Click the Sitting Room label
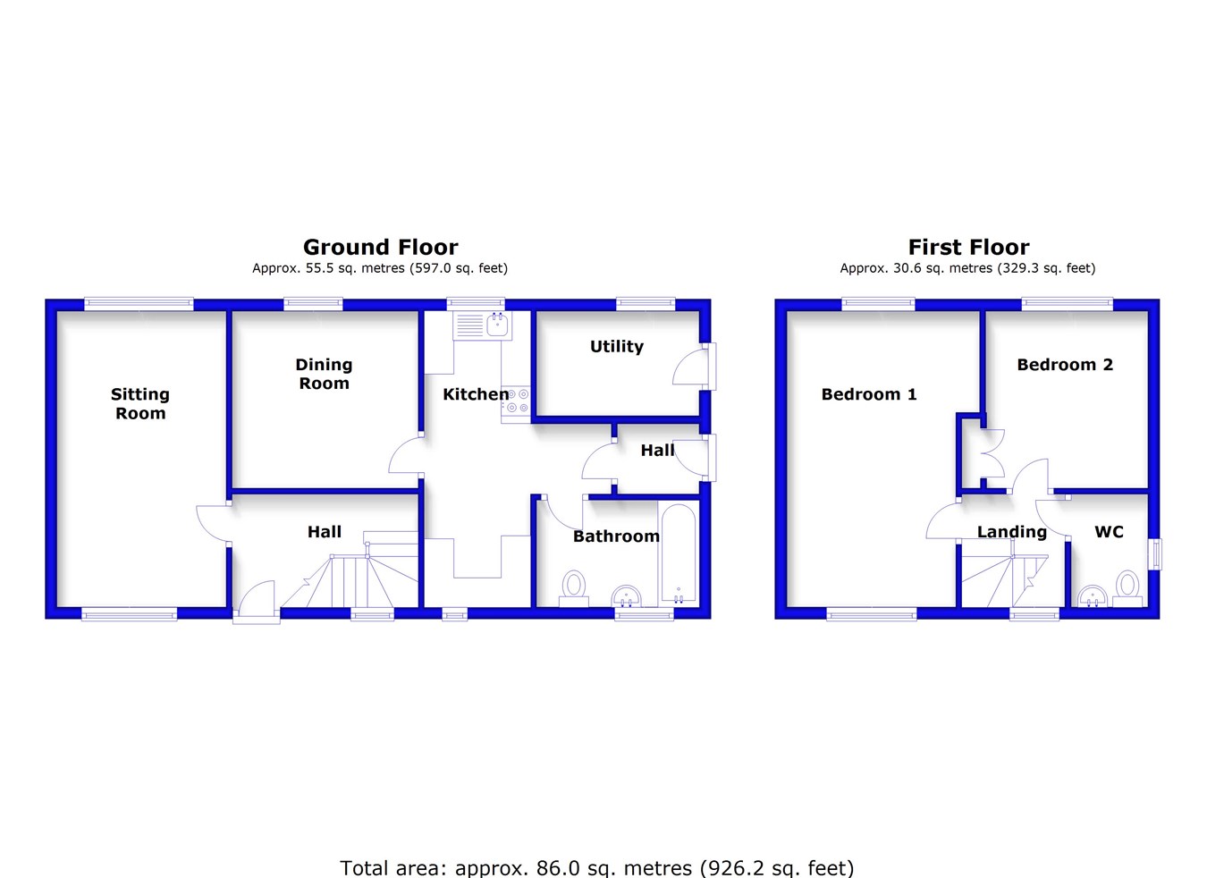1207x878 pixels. pyautogui.click(x=139, y=403)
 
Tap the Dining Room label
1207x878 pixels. pyautogui.click(x=324, y=374)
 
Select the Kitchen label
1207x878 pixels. pyautogui.click(x=475, y=394)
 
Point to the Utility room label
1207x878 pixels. pyautogui.click(x=616, y=347)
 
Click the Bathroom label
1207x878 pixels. pyautogui.click(x=616, y=536)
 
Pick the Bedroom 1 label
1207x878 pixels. pyautogui.click(x=868, y=394)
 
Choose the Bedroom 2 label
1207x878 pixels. pyautogui.click(x=1064, y=365)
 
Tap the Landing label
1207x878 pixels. pyautogui.click(x=1011, y=532)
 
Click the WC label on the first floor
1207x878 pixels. pyautogui.click(x=1109, y=532)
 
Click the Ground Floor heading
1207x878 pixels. pyautogui.click(x=380, y=248)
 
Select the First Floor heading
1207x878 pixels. pyautogui.click(x=968, y=248)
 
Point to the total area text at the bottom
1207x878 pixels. pyautogui.click(x=596, y=868)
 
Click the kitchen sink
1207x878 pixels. pyautogui.click(x=483, y=325)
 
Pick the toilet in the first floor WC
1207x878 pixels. pyautogui.click(x=1127, y=588)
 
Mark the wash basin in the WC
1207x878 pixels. pyautogui.click(x=1092, y=596)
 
